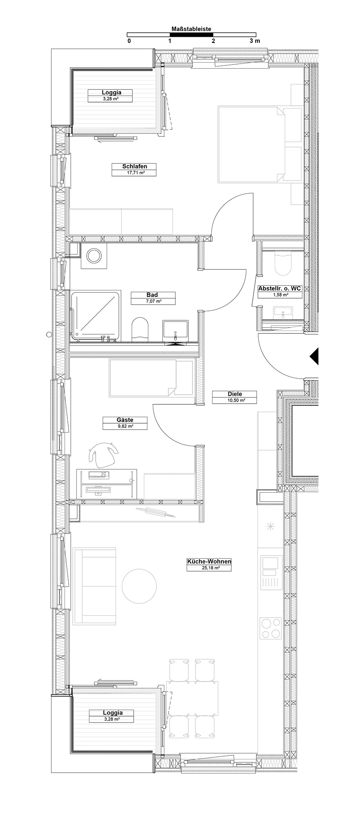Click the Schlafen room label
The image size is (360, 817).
click(x=134, y=166)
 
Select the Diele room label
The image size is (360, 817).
click(x=235, y=394)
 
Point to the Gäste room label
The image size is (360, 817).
click(x=125, y=420)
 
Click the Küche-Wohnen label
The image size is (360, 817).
click(x=209, y=562)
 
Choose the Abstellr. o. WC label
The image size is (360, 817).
click(x=280, y=288)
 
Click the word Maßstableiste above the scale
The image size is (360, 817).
click(x=192, y=29)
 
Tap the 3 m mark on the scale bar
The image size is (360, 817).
click(x=255, y=41)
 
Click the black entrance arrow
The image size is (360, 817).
click(x=314, y=356)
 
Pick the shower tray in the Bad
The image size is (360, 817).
click(x=96, y=315)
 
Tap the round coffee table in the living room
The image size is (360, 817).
click(x=139, y=587)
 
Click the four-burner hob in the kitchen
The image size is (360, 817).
click(x=271, y=628)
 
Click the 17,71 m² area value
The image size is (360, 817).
click(x=134, y=173)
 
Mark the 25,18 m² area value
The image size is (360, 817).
click(x=209, y=568)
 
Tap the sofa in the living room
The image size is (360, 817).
click(x=94, y=586)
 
